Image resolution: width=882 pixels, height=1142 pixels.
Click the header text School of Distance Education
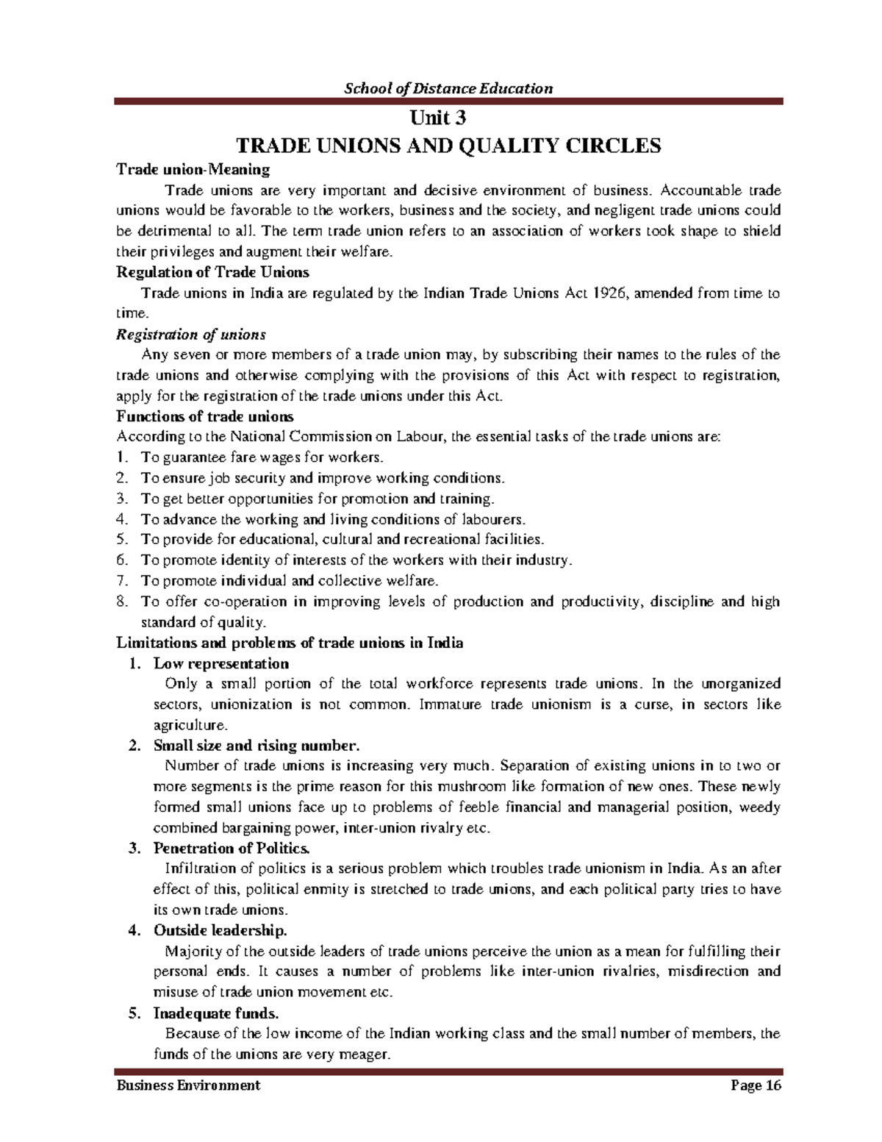[449, 89]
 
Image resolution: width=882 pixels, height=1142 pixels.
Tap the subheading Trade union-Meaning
[193, 170]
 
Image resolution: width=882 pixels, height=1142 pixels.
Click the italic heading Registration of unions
[191, 335]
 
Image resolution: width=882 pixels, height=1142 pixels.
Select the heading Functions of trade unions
[205, 416]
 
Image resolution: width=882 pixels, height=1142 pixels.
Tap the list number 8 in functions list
[122, 602]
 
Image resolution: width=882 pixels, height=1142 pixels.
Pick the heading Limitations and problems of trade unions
[290, 643]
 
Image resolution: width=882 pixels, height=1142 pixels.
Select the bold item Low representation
[221, 663]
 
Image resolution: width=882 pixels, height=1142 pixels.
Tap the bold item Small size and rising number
[257, 745]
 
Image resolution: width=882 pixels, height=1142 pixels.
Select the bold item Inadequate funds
[216, 1013]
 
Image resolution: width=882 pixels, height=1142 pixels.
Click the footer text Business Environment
[188, 1085]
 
